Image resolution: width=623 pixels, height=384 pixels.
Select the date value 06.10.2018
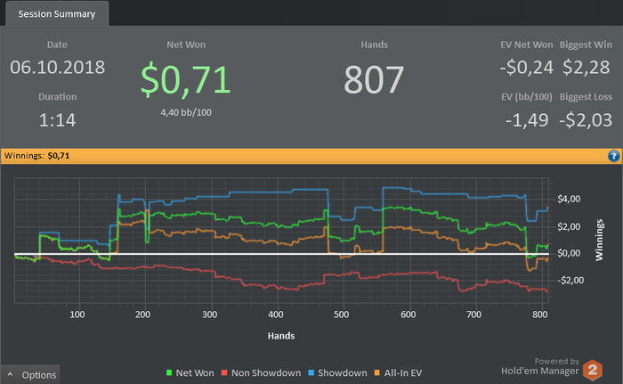pos(58,67)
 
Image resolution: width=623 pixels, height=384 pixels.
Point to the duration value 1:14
pos(58,119)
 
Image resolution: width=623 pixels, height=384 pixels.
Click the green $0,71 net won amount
pos(186,79)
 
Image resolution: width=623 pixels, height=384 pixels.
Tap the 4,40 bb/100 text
pos(186,112)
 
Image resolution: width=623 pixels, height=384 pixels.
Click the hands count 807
pos(374,79)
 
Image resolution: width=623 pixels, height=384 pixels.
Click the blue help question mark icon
pos(613,155)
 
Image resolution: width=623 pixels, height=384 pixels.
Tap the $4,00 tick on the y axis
pos(570,198)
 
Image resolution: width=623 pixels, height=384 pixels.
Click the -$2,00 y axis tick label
pos(569,280)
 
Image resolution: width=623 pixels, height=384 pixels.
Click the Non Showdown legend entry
pos(263,373)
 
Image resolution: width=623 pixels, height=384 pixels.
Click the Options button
pos(32,375)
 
